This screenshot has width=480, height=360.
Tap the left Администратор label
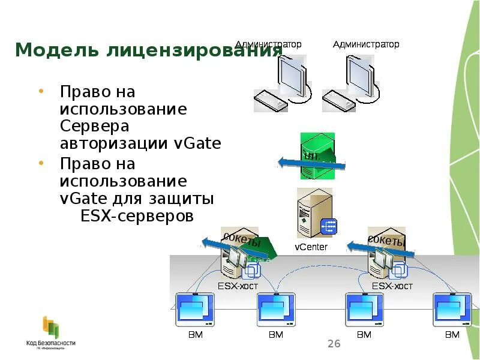(268, 44)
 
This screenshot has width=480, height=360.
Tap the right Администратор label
(366, 44)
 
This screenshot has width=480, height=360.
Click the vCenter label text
(311, 247)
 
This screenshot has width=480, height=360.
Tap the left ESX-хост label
(237, 286)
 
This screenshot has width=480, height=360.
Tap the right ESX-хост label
(392, 286)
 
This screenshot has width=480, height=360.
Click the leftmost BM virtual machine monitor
(193, 309)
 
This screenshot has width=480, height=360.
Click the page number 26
(334, 344)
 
